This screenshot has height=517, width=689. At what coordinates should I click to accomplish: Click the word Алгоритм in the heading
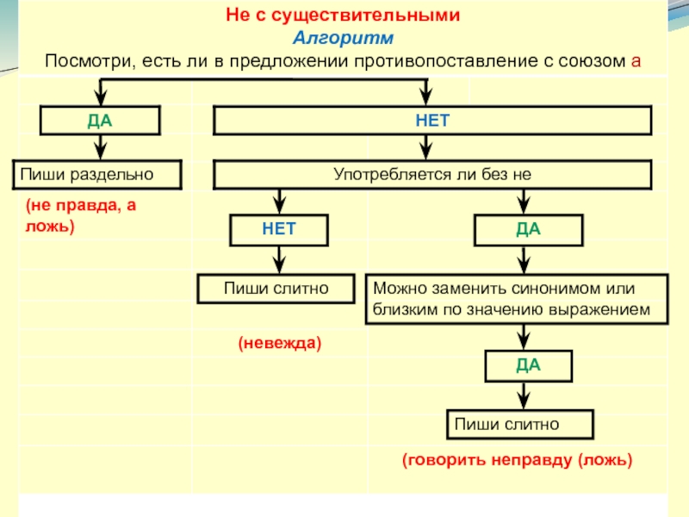342,39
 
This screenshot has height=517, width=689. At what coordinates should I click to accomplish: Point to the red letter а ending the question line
636,62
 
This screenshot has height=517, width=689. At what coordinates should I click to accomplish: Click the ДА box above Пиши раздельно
100,121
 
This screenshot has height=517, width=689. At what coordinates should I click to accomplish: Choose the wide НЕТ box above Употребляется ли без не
432,121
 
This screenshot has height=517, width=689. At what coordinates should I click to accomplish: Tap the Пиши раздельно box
96,174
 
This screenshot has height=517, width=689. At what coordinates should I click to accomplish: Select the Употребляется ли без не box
432,174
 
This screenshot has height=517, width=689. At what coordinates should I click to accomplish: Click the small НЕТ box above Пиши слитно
278,230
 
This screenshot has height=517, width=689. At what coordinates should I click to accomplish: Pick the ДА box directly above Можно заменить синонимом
528,230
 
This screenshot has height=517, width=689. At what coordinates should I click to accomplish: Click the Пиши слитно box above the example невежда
276,288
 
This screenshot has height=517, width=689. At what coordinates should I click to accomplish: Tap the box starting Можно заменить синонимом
518,299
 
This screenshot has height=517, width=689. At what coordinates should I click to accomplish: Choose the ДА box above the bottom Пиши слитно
528,365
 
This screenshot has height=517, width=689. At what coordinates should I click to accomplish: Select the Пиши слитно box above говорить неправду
519,424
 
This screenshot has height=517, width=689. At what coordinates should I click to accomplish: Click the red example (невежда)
279,343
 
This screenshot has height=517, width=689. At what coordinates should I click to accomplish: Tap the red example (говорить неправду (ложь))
517,460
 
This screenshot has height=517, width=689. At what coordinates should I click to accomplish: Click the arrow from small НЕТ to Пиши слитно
278,259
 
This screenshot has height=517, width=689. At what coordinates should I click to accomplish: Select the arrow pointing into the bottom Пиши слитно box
522,398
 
